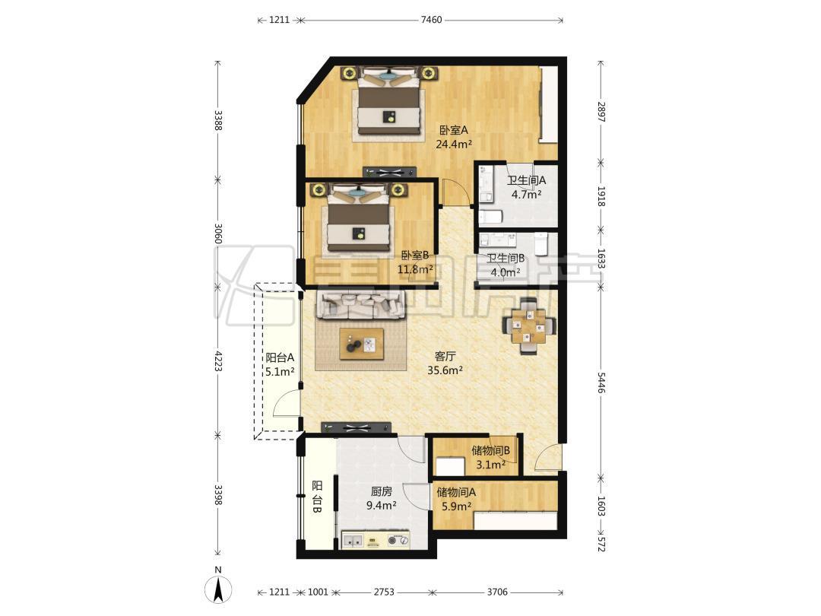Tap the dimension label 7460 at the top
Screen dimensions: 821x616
432,21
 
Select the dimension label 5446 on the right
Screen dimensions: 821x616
601,383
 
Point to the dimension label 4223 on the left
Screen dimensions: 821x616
218,360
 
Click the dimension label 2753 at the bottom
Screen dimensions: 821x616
384,592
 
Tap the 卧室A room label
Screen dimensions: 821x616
453,130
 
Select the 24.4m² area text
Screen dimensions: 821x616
455,144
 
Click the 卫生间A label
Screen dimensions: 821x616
526,180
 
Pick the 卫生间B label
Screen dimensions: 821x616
506,259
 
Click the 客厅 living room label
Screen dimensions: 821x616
445,356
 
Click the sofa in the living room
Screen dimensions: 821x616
361,306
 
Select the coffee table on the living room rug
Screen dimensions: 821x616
361,344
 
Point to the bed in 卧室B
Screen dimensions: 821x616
359,220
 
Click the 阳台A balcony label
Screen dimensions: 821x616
280,357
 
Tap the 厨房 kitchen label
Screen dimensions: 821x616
381,491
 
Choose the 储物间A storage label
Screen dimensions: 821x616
456,492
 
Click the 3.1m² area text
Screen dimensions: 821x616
490,464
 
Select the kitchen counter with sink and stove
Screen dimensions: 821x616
376,540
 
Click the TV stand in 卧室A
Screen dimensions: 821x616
389,172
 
